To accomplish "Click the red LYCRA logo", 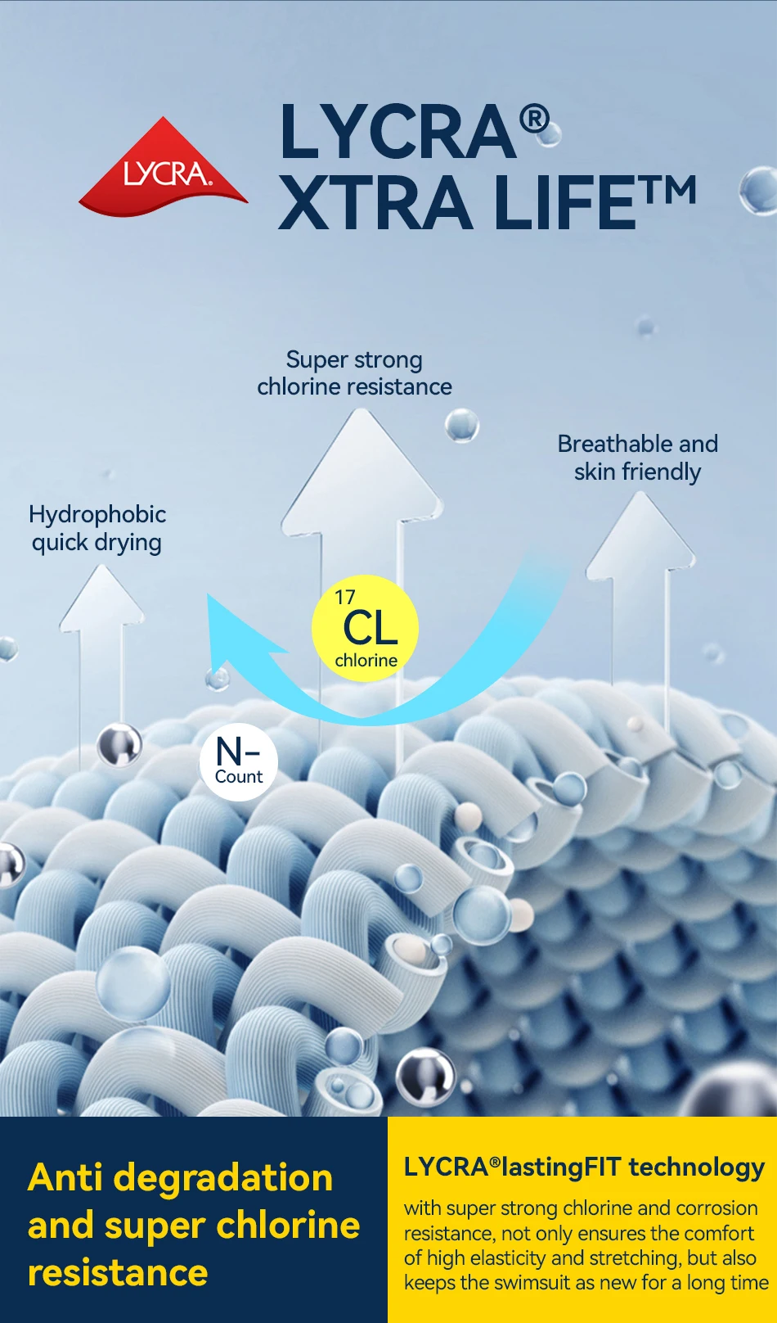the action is (x=164, y=169).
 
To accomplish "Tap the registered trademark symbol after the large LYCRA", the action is (x=535, y=120).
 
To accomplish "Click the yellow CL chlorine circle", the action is (x=366, y=629).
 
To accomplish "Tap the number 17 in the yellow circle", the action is (x=345, y=598).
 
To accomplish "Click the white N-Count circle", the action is (x=239, y=761).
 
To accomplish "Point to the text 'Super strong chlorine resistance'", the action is (x=354, y=373).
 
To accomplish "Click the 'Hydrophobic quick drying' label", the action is (x=97, y=528).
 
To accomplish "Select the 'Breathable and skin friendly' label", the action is (x=637, y=458).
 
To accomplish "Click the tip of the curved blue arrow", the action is (x=214, y=606).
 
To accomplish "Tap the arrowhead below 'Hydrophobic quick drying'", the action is (x=102, y=597).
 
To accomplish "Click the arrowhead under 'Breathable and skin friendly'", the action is (x=640, y=531).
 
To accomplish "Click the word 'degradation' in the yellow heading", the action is (x=223, y=1178).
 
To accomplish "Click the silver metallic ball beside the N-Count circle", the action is (x=119, y=745).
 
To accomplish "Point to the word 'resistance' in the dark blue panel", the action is (x=118, y=1273).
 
